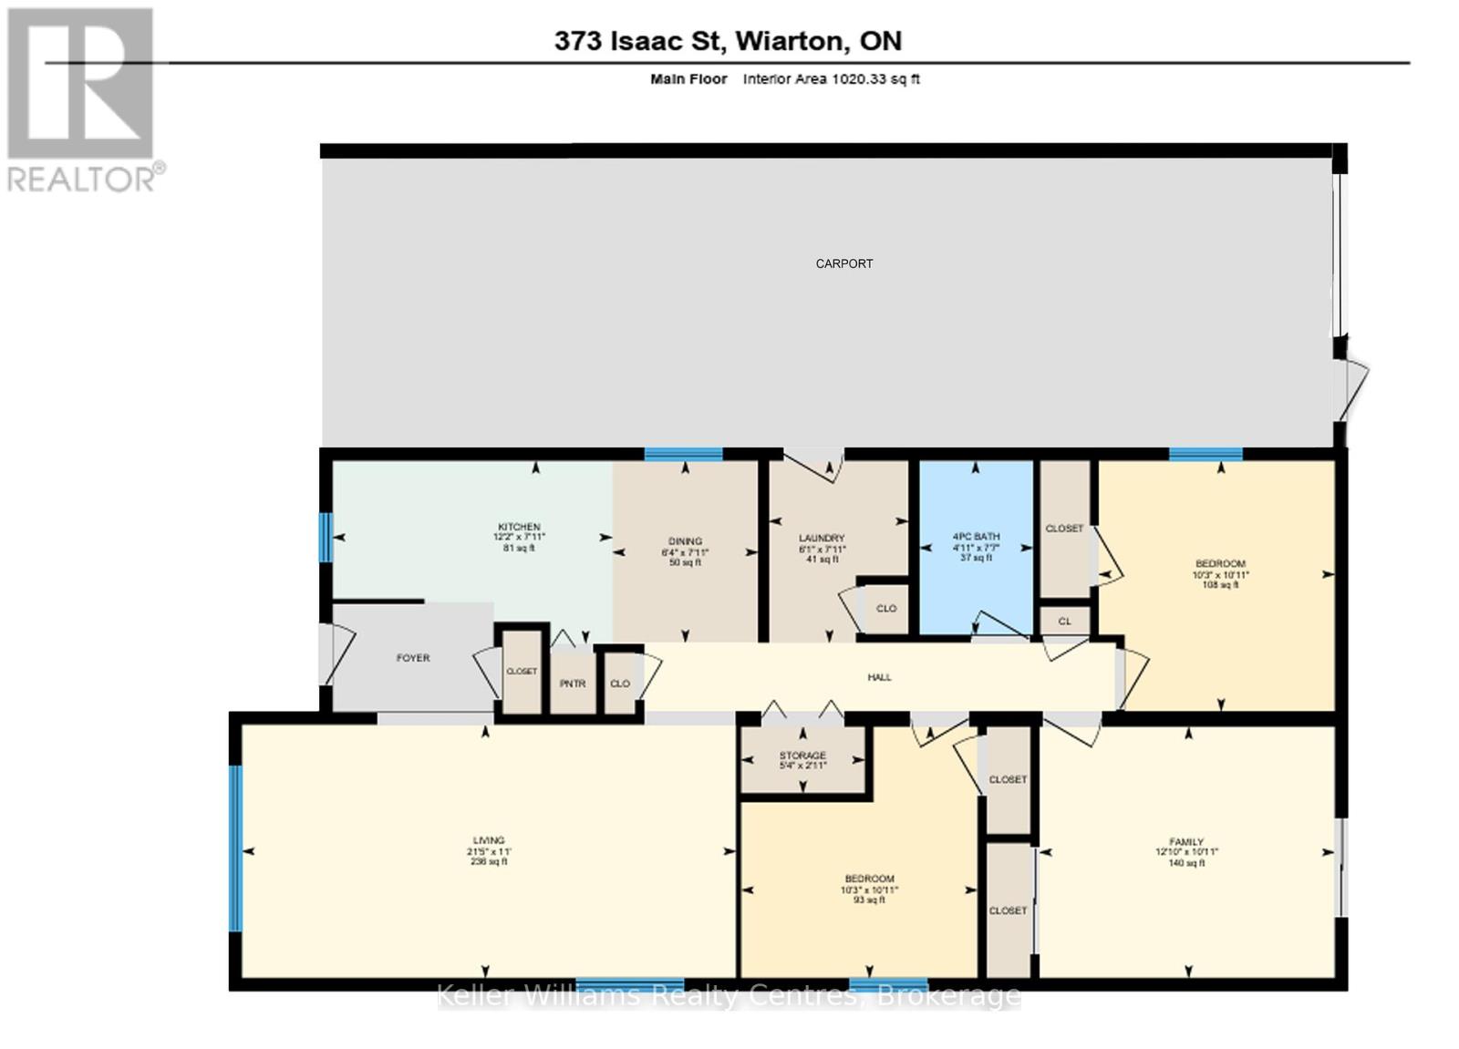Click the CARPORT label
pyautogui.click(x=843, y=263)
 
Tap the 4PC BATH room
pyautogui.click(x=975, y=546)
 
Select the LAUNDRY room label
pyautogui.click(x=821, y=539)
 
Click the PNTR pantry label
pyautogui.click(x=572, y=684)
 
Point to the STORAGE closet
pyautogui.click(x=802, y=759)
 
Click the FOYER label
pyautogui.click(x=412, y=658)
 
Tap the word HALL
pyautogui.click(x=879, y=677)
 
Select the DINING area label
pyautogui.click(x=685, y=541)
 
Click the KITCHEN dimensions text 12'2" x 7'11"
pyautogui.click(x=519, y=538)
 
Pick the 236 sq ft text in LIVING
pyautogui.click(x=489, y=861)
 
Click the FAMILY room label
pyautogui.click(x=1186, y=842)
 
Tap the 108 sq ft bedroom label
pyautogui.click(x=1220, y=585)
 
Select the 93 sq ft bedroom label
pyautogui.click(x=868, y=900)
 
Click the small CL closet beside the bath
pyautogui.click(x=1064, y=622)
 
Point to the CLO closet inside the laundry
pyautogui.click(x=885, y=608)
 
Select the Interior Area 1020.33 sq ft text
pyautogui.click(x=831, y=79)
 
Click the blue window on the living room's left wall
pyautogui.click(x=235, y=848)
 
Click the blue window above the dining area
pyautogui.click(x=683, y=454)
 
